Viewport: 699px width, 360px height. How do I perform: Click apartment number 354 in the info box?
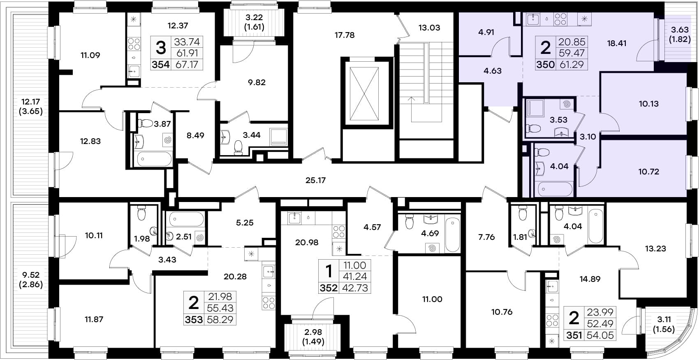tap(161, 65)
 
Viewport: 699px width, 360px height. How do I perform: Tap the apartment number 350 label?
tap(546, 65)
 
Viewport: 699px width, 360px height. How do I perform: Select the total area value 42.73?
tap(355, 288)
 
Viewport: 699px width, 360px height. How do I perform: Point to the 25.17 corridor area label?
tap(315, 180)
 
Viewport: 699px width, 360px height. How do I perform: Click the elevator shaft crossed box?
tap(364, 93)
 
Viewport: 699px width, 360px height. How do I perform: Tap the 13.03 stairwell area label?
tap(429, 28)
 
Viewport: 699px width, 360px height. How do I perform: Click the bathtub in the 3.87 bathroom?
tap(155, 159)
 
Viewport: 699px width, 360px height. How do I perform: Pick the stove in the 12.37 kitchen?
tap(134, 44)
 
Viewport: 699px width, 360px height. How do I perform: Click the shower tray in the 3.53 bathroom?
tap(535, 108)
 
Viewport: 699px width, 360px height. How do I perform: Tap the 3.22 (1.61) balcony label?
tap(254, 22)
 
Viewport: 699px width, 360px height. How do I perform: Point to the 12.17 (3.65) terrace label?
tap(30, 107)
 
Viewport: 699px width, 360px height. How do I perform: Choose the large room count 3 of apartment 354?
tap(161, 48)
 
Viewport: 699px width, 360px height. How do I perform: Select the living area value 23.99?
tap(600, 312)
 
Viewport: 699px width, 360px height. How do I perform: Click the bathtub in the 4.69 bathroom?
tap(452, 235)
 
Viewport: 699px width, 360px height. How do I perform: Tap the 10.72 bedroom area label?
tap(649, 172)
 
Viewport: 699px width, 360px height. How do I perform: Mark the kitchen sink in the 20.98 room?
tap(294, 218)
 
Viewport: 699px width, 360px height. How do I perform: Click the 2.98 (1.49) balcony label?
tap(313, 337)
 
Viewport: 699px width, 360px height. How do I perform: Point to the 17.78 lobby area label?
tap(345, 35)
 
